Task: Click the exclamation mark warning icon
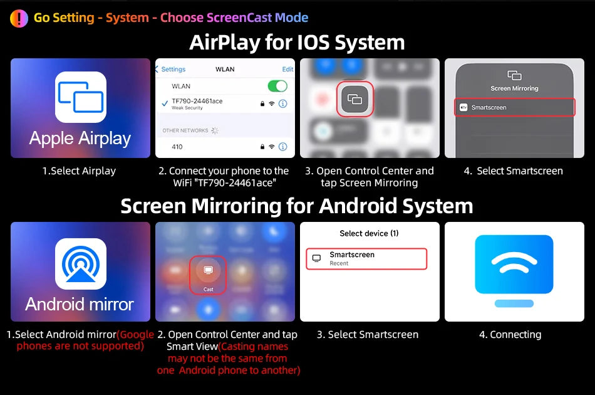point(19,18)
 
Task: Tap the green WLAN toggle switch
point(277,87)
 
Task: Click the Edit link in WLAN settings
point(287,69)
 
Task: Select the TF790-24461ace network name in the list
point(197,101)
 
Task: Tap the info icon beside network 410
point(282,147)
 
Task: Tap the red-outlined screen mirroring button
point(354,99)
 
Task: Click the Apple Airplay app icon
point(80,97)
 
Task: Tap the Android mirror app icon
point(80,264)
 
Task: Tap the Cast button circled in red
point(208,275)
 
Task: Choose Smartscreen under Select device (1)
point(366,259)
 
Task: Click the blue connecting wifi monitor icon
point(514,270)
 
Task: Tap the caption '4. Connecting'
point(510,335)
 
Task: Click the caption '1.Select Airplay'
point(79,171)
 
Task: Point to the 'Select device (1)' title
point(370,233)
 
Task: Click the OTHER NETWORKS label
point(185,130)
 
